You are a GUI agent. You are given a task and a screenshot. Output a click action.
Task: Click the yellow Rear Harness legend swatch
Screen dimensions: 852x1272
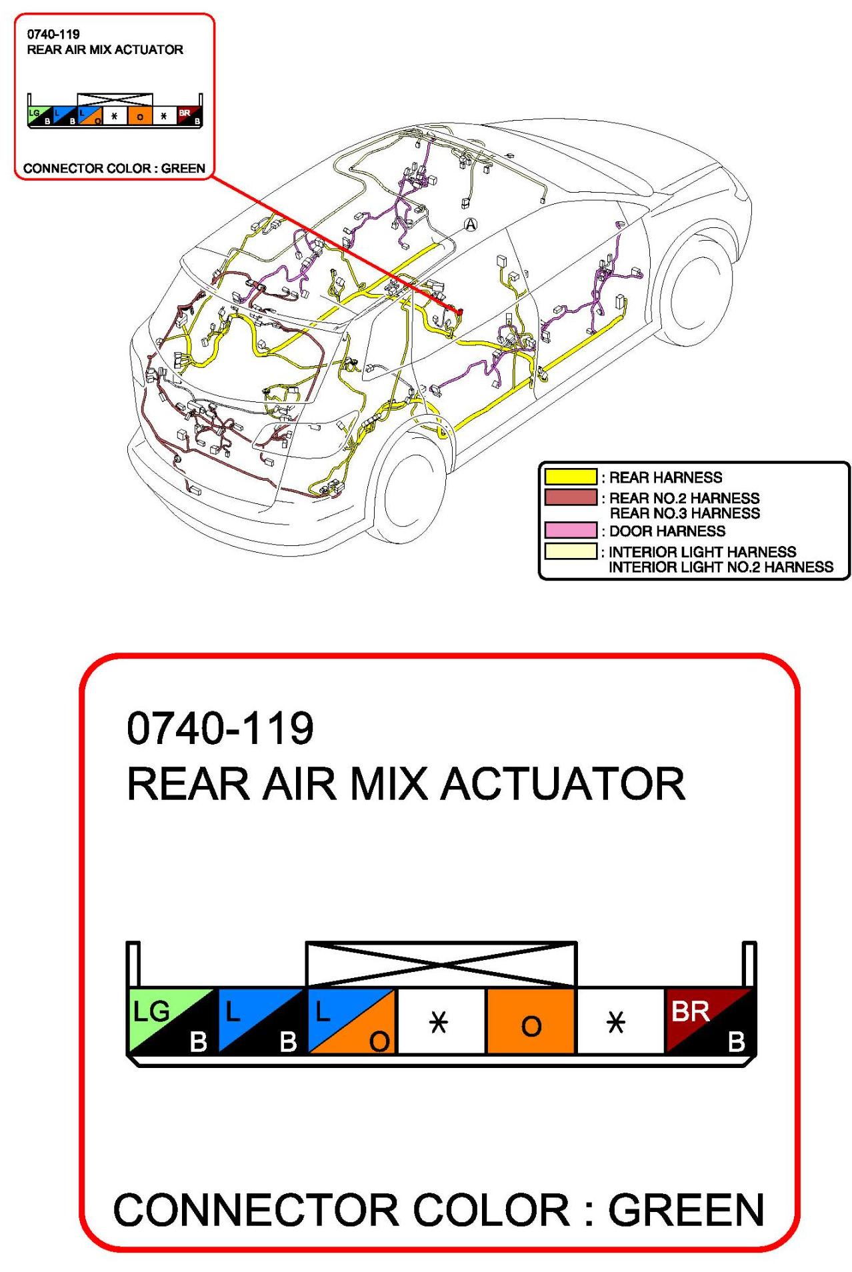point(570,477)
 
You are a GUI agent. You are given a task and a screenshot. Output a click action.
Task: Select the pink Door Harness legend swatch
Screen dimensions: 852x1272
point(570,531)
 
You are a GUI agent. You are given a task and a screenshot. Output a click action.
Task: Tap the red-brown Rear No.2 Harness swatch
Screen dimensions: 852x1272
point(570,497)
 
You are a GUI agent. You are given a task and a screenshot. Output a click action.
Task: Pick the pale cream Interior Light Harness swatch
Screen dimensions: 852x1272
point(570,551)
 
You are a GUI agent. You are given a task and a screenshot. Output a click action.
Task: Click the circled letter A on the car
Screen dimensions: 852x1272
point(471,225)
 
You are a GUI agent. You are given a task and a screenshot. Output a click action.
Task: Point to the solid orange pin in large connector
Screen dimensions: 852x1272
point(531,1021)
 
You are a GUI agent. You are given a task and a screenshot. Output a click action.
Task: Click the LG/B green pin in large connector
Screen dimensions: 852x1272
point(171,1021)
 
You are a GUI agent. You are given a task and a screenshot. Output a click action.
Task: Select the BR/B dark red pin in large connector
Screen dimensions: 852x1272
point(709,1021)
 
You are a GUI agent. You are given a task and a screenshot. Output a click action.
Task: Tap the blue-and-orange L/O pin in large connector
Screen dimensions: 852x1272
point(351,1021)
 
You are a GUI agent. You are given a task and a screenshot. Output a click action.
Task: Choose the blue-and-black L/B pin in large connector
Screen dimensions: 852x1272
point(261,1021)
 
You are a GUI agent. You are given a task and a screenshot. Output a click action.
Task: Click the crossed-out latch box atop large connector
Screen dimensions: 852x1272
point(441,964)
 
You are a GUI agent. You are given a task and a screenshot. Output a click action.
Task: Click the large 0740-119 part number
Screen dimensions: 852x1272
point(220,728)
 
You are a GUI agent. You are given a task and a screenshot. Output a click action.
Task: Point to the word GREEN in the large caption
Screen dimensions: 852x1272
point(686,1210)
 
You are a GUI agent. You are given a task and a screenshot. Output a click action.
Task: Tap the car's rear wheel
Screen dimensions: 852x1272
point(408,490)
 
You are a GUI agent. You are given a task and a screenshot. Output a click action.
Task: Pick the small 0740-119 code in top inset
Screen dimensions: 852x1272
point(53,34)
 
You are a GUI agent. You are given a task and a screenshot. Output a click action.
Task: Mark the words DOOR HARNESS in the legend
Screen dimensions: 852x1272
point(667,531)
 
